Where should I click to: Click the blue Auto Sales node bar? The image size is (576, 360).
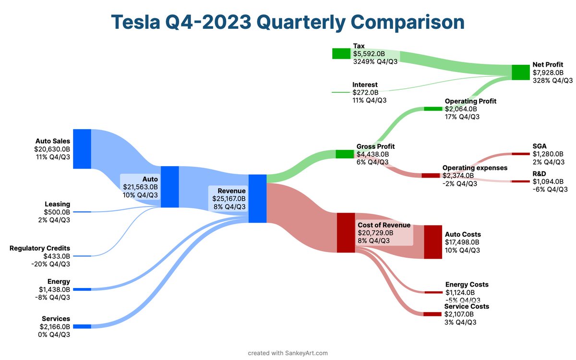82,149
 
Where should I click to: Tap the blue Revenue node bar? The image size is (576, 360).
257,199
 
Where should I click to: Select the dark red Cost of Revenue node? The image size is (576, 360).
346,233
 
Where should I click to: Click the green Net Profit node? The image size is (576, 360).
520,72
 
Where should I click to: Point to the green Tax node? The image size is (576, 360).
341,53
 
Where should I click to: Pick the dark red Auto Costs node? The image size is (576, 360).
432,242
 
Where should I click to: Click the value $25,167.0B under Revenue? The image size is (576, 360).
229,198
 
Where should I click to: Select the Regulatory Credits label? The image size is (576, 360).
40,248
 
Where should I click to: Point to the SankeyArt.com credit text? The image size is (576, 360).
288,353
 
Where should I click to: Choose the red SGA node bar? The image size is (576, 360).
520,154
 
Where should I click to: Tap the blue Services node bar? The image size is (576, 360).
82,326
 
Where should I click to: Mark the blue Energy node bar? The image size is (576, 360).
82,289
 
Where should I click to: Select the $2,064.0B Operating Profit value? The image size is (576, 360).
461,109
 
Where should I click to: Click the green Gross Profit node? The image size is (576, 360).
344,154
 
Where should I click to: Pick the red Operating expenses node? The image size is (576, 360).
431,175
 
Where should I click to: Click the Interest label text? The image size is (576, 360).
365,84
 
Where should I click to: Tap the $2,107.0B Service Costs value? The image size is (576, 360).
459,314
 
